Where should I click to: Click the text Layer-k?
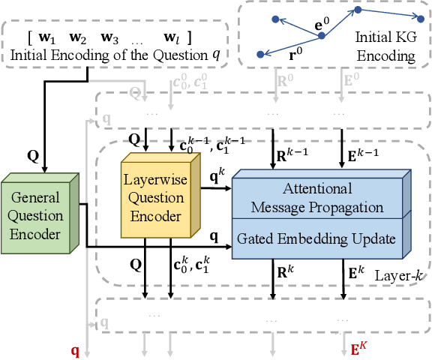tap(398, 277)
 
